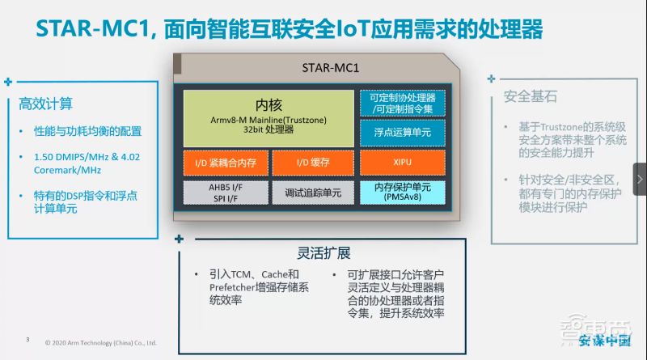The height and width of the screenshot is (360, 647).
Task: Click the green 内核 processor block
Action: [269, 118]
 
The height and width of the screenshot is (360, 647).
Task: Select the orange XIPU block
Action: [402, 163]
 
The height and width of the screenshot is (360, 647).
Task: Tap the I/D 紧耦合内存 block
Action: [224, 163]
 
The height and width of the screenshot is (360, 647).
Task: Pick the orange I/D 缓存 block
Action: [312, 163]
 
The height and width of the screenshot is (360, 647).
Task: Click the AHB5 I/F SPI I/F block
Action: [224, 193]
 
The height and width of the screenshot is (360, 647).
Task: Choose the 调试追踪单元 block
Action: [312, 193]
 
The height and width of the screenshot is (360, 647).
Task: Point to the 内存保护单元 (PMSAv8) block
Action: [402, 193]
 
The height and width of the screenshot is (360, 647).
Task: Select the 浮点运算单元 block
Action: [402, 131]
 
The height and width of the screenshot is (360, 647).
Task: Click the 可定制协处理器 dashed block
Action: [402, 103]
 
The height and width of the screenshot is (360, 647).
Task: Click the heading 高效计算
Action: [46, 104]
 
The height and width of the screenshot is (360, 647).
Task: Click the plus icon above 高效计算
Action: [8, 82]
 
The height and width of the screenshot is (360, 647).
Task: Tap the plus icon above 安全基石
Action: [492, 78]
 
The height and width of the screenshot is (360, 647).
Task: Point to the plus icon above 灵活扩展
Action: [179, 239]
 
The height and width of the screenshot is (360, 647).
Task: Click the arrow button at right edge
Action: [639, 179]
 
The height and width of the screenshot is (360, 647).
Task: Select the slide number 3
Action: [28, 340]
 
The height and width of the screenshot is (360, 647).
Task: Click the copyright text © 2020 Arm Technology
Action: [100, 342]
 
